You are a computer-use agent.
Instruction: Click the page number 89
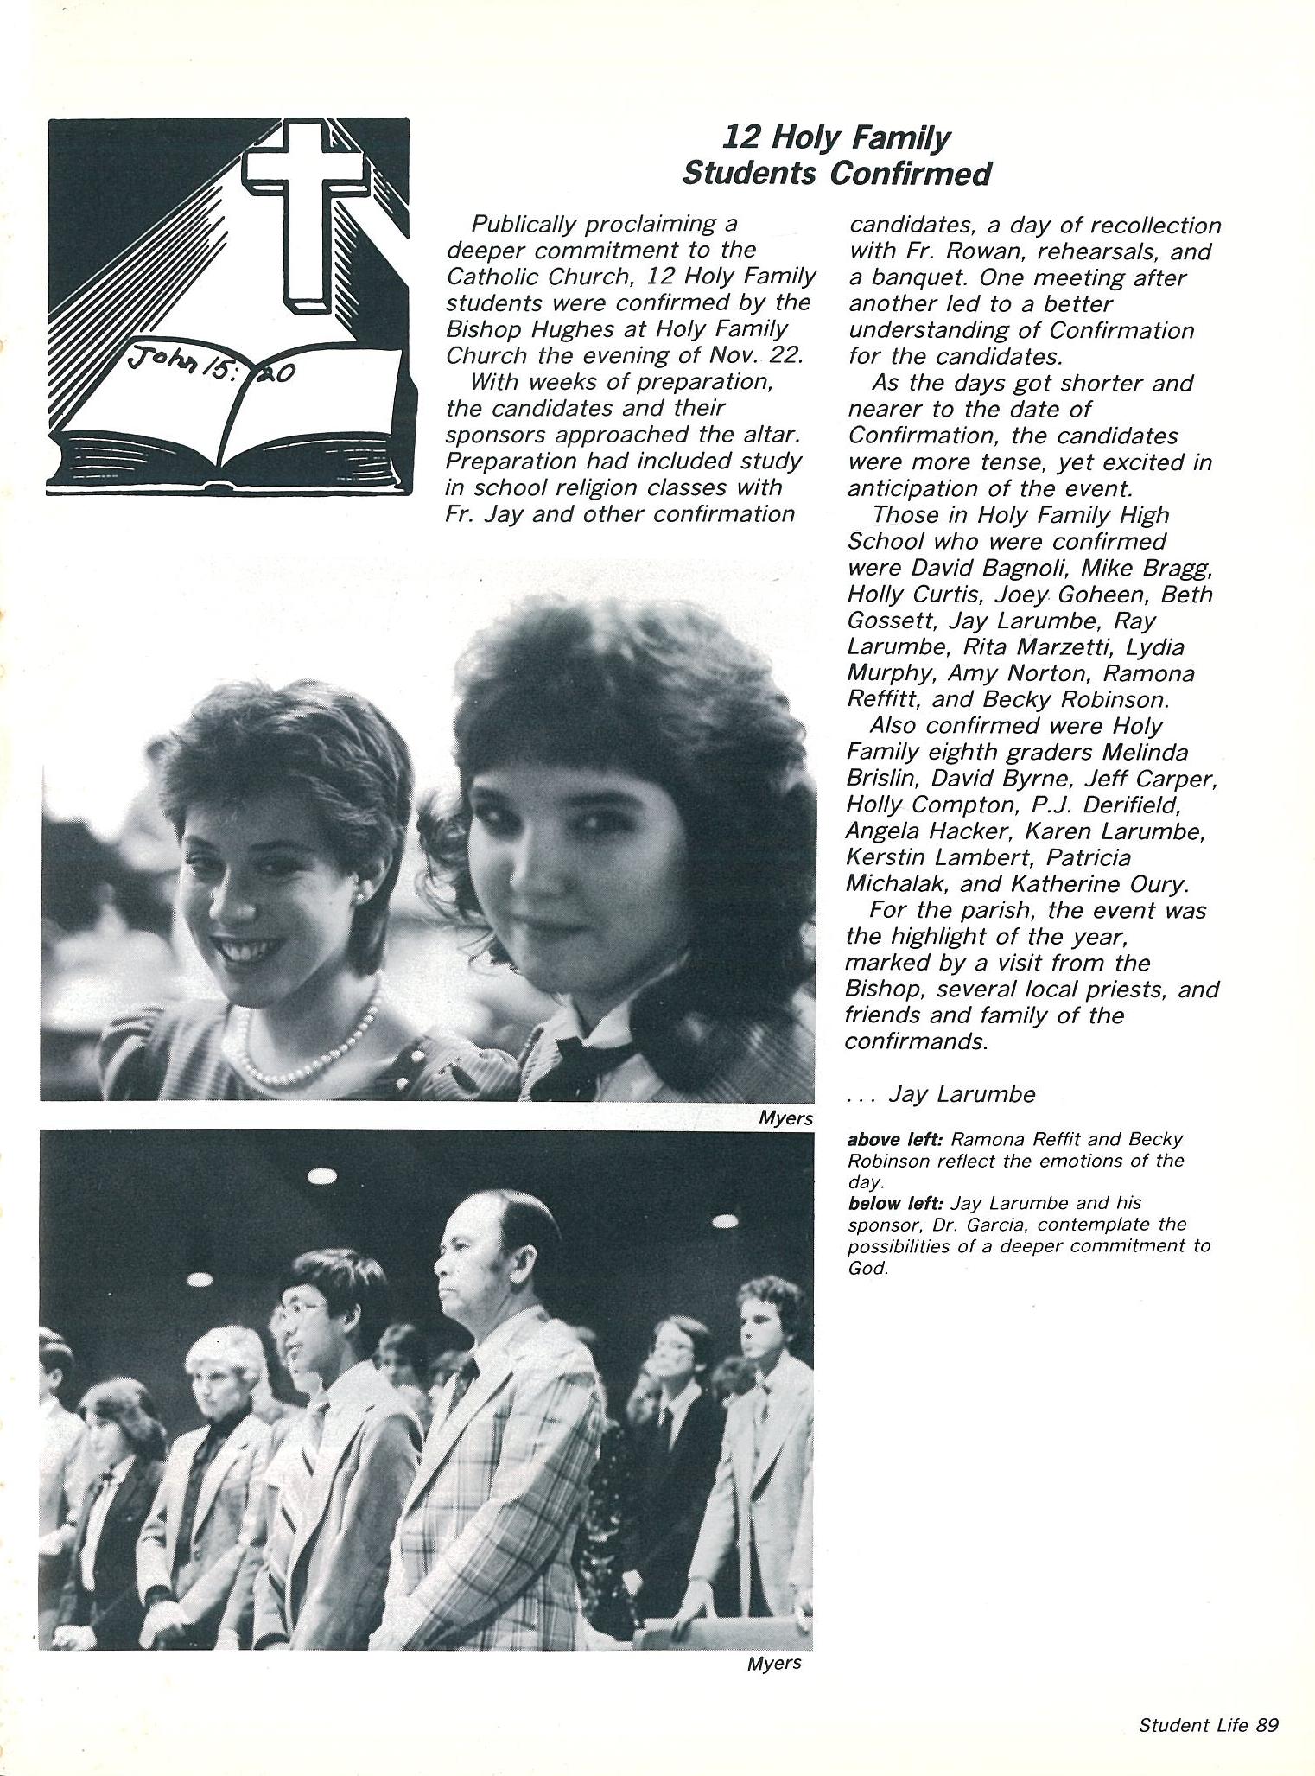tap(1267, 1725)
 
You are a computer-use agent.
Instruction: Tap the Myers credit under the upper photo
tap(785, 1118)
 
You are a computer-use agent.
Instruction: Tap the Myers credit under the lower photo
tap(774, 1663)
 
